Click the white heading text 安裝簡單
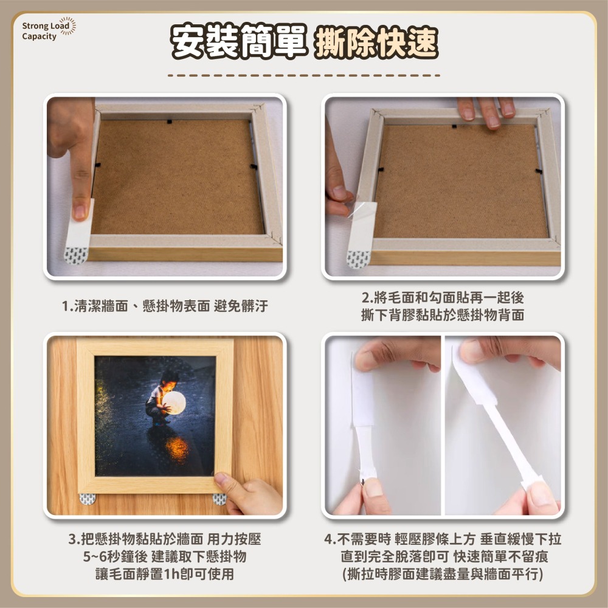tap(240, 42)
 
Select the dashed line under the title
tap(303, 76)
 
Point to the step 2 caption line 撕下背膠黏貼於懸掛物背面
tap(443, 316)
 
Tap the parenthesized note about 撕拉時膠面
tap(443, 574)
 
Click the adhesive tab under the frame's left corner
tap(88, 499)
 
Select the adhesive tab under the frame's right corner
tap(219, 499)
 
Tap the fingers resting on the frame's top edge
tap(486, 110)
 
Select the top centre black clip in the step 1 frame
tap(170, 121)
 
